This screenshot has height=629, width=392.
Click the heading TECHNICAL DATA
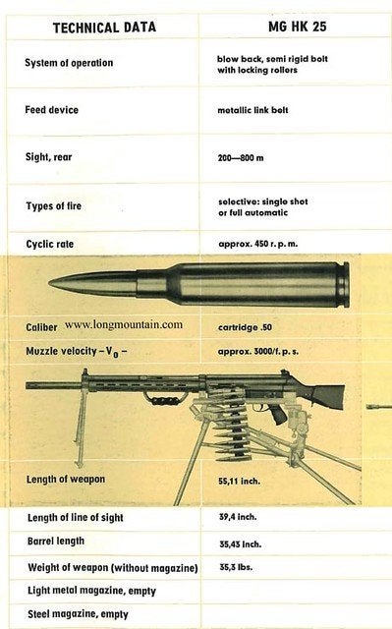click(x=104, y=28)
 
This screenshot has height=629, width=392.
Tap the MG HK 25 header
click(x=298, y=27)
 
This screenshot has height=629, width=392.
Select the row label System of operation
click(x=69, y=63)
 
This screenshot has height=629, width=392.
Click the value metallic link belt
click(x=252, y=110)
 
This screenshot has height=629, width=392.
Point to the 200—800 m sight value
click(x=241, y=157)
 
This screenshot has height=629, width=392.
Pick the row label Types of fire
click(x=54, y=206)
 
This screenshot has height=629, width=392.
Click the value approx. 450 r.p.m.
click(x=258, y=244)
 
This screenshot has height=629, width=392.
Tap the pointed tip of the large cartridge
click(x=49, y=283)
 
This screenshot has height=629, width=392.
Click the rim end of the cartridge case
click(x=346, y=285)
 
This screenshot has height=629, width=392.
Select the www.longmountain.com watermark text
click(x=124, y=324)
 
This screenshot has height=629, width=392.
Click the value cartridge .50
click(x=246, y=327)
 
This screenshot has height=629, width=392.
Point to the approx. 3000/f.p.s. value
click(x=258, y=352)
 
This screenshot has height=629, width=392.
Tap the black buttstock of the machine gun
click(x=327, y=394)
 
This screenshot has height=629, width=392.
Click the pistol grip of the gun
click(x=279, y=415)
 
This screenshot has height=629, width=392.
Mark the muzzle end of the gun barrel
click(x=27, y=385)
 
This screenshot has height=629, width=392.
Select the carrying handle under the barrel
click(x=165, y=400)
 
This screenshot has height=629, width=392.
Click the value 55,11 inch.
click(x=240, y=481)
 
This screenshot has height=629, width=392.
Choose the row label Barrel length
click(x=56, y=542)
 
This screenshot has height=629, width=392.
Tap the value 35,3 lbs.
click(x=236, y=567)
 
